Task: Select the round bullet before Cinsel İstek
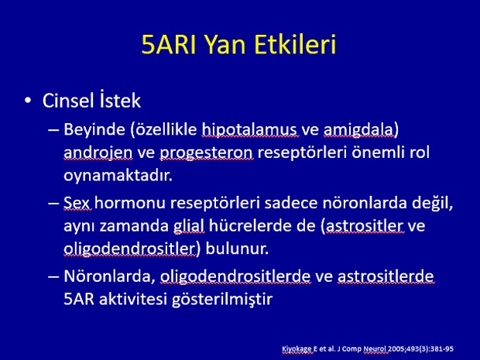28,100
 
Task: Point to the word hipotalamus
249,129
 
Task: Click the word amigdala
359,129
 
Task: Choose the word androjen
98,153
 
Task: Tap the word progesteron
207,153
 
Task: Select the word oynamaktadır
118,176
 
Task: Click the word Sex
77,203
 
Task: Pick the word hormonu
130,203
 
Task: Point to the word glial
189,226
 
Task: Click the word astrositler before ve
365,225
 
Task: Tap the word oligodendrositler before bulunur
129,249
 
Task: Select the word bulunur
237,249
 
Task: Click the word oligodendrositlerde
235,276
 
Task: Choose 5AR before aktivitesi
79,299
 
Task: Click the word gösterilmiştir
222,299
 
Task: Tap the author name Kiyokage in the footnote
297,349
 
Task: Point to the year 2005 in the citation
395,348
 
